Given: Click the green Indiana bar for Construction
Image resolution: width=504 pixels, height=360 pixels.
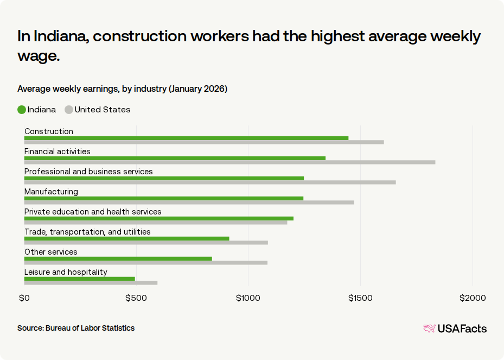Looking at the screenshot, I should click(x=186, y=138).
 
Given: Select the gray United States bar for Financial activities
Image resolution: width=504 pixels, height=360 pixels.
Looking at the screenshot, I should click(x=229, y=162).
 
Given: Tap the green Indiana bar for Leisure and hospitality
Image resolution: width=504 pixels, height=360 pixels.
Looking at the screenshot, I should click(x=79, y=279).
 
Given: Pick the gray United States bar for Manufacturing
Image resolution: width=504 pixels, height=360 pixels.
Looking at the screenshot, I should click(x=189, y=203).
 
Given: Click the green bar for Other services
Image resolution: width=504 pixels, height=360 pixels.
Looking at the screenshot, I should click(x=118, y=258).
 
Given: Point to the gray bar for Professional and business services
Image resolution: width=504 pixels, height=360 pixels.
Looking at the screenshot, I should click(x=210, y=182).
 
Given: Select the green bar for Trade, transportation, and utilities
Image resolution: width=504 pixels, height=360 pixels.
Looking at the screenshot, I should click(x=126, y=238).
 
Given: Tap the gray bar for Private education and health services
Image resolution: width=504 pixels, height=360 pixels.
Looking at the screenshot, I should click(x=156, y=223).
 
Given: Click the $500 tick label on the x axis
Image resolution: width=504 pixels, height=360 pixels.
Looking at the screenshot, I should click(x=136, y=298).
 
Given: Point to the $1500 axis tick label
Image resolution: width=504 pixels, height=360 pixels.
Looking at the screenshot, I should click(x=360, y=298).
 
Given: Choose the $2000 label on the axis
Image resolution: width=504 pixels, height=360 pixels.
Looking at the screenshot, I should click(x=473, y=298).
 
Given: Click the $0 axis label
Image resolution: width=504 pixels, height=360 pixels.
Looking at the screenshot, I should click(x=24, y=298).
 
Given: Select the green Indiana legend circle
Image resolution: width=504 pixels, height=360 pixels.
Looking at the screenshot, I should click(x=22, y=110).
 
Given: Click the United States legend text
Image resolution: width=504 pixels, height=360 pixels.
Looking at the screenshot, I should click(x=103, y=110).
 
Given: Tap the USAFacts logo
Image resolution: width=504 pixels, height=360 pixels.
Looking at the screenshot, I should click(x=455, y=329).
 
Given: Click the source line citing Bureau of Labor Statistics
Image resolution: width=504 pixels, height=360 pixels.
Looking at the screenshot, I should click(x=76, y=328).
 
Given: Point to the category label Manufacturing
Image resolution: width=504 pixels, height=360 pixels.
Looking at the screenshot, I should click(x=51, y=192).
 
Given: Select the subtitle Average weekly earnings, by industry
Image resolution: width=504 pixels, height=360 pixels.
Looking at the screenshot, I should click(x=122, y=89).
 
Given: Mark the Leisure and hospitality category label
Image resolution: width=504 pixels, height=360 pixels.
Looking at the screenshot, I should click(x=66, y=272).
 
